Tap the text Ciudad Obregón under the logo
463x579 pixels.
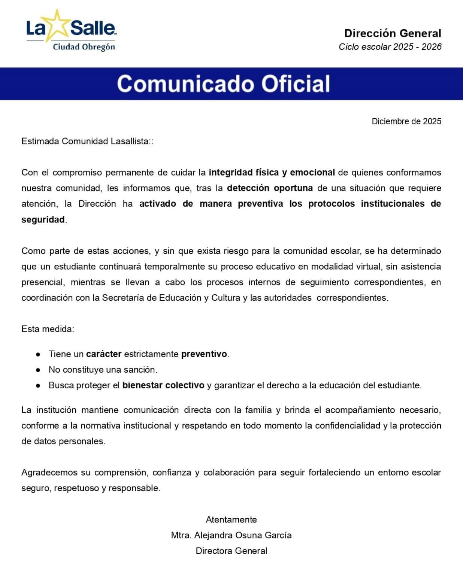(x=84, y=47)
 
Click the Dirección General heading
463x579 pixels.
(x=393, y=33)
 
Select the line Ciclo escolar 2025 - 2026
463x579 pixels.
(x=390, y=47)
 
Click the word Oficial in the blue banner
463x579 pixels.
(x=296, y=84)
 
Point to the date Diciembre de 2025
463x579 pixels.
(x=406, y=121)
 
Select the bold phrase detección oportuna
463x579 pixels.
(x=270, y=188)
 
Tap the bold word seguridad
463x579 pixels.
(x=43, y=219)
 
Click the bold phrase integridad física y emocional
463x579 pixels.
(x=272, y=172)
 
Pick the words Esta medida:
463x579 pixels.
(x=48, y=329)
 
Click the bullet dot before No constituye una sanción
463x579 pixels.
(x=38, y=370)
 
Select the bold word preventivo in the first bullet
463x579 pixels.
(x=204, y=354)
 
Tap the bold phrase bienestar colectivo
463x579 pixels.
(x=163, y=385)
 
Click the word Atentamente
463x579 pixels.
(x=231, y=519)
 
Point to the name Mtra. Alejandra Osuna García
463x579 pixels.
(x=231, y=535)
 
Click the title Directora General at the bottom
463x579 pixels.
(x=231, y=551)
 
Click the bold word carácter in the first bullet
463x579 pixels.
(x=104, y=354)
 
